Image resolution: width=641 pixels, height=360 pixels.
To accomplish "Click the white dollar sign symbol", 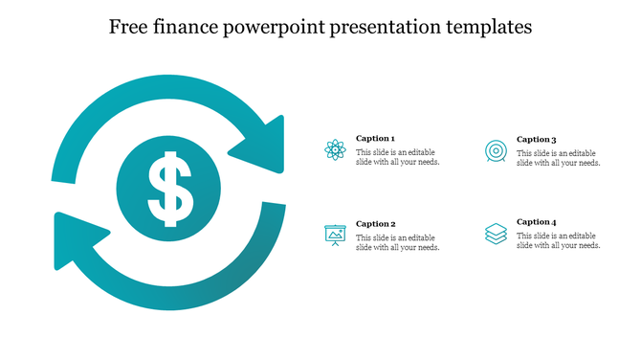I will click(x=168, y=188).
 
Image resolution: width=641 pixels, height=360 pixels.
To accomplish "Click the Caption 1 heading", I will click(x=375, y=139).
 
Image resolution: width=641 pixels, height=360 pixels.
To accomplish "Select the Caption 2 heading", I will click(x=375, y=224).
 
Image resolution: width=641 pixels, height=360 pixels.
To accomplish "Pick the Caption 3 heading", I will click(x=536, y=139).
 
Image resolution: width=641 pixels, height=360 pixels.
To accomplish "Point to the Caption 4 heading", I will click(x=536, y=222).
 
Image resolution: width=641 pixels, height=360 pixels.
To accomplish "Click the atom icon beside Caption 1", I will click(x=335, y=149).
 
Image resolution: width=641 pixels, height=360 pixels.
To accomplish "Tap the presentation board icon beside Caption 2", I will click(x=335, y=235).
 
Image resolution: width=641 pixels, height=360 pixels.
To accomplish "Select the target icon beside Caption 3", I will click(x=496, y=149).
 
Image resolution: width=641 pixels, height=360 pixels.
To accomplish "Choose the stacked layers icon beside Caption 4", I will click(x=496, y=234).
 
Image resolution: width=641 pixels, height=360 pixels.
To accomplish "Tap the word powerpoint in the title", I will click(x=277, y=28).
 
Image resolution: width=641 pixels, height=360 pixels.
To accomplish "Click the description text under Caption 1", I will click(x=398, y=158).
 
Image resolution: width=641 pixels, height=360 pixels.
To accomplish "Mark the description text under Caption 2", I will click(x=398, y=242).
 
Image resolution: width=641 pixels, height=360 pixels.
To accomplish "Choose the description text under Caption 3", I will click(x=559, y=158).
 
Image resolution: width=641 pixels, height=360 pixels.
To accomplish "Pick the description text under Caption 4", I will click(x=559, y=240).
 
